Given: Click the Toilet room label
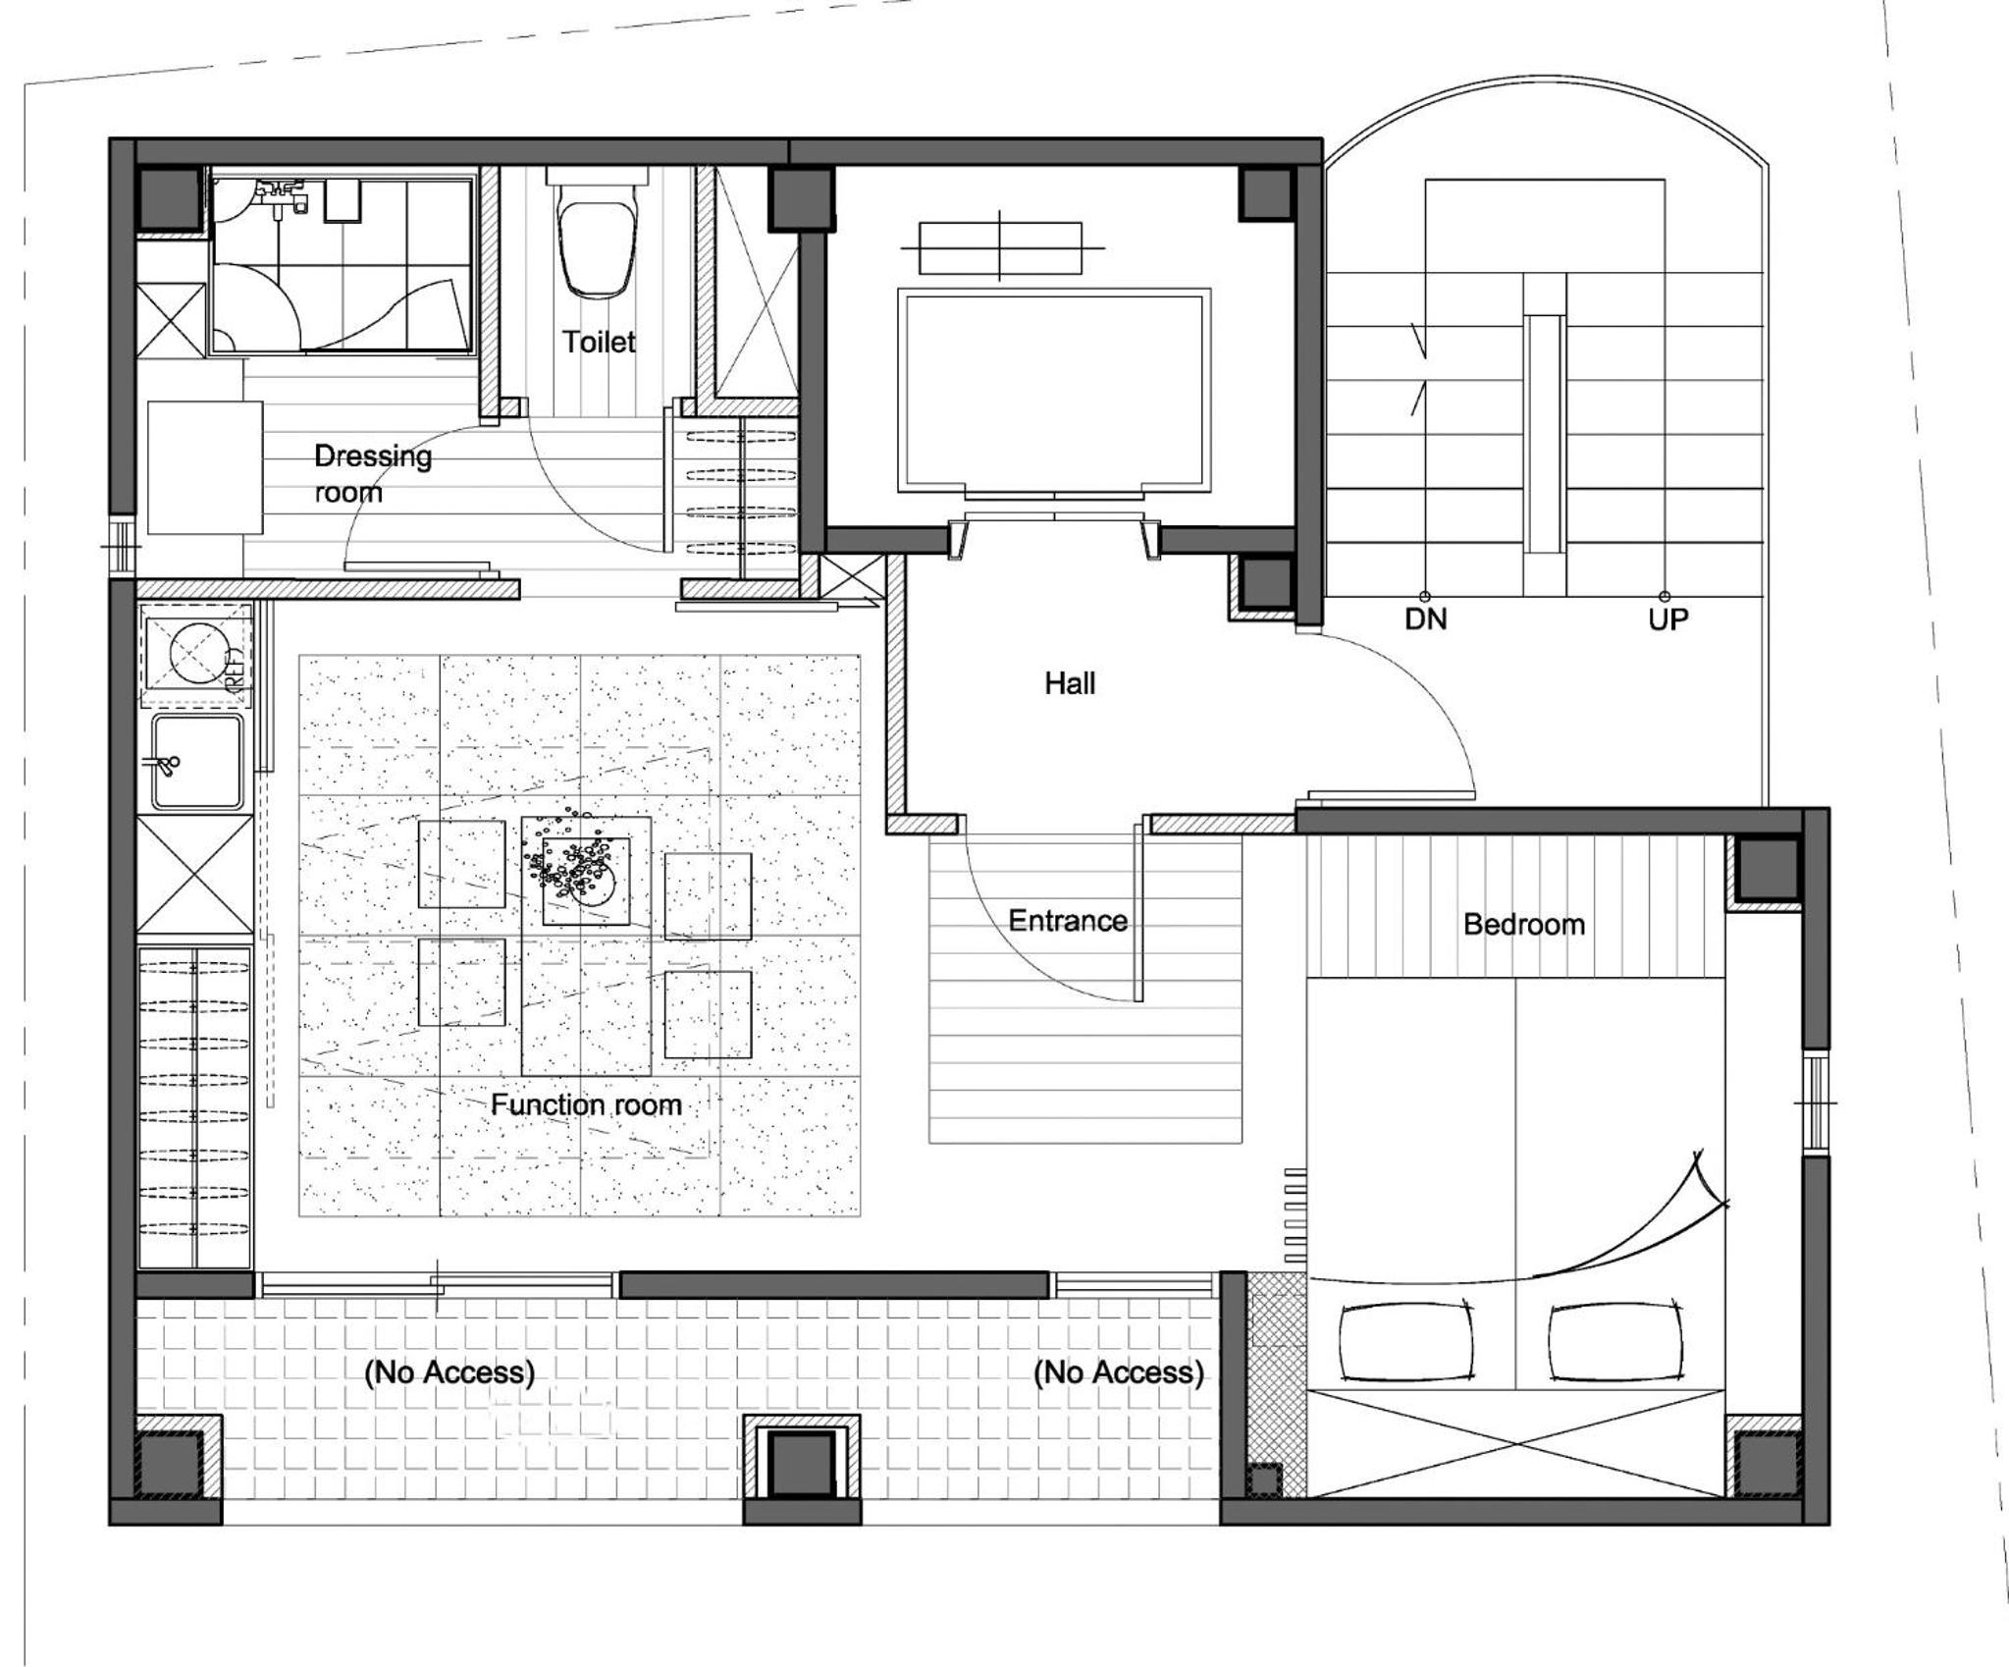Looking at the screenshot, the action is [x=599, y=342].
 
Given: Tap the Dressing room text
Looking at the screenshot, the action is [x=373, y=473].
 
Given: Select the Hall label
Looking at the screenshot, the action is [x=1070, y=683].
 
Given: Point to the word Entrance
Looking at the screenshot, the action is [x=1068, y=921].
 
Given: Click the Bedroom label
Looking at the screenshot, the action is [x=1524, y=924].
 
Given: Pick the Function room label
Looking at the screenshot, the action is [x=586, y=1104].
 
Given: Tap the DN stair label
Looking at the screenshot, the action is [x=1426, y=619].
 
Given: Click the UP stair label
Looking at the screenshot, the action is [x=1668, y=619].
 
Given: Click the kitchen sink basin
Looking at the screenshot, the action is [x=197, y=762].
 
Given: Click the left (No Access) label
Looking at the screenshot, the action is [x=449, y=1371].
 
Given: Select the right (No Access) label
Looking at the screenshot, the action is [x=1119, y=1371].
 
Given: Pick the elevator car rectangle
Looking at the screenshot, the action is [x=1054, y=391].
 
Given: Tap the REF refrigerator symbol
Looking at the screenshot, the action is [x=196, y=655].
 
